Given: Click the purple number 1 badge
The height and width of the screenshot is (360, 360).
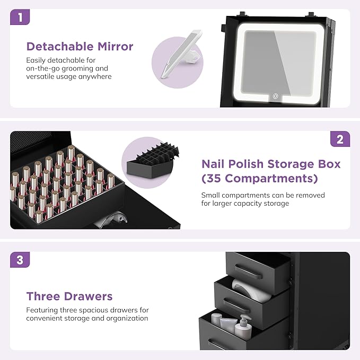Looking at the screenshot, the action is tap(20, 17).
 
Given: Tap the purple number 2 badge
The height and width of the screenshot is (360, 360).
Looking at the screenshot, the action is tap(340, 139).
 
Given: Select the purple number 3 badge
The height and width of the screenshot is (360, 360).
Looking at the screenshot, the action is tap(20, 260).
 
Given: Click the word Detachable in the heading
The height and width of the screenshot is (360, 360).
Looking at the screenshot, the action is tap(60, 46).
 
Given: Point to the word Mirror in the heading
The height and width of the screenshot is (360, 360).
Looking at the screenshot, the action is tap(116, 46).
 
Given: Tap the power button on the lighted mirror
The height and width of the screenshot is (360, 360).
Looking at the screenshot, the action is tap(276, 96).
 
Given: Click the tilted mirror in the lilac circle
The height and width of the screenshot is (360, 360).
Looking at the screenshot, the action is tap(181, 55).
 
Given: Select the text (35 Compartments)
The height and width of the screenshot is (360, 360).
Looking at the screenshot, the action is tap(260, 178).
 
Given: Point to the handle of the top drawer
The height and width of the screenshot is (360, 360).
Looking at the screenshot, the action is tap(249, 271).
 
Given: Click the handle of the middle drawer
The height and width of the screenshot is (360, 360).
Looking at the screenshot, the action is tap(236, 306).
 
